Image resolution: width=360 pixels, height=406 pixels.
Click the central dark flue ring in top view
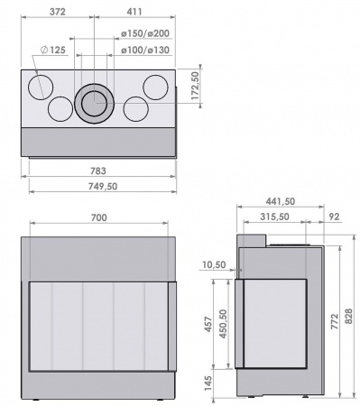93,104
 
